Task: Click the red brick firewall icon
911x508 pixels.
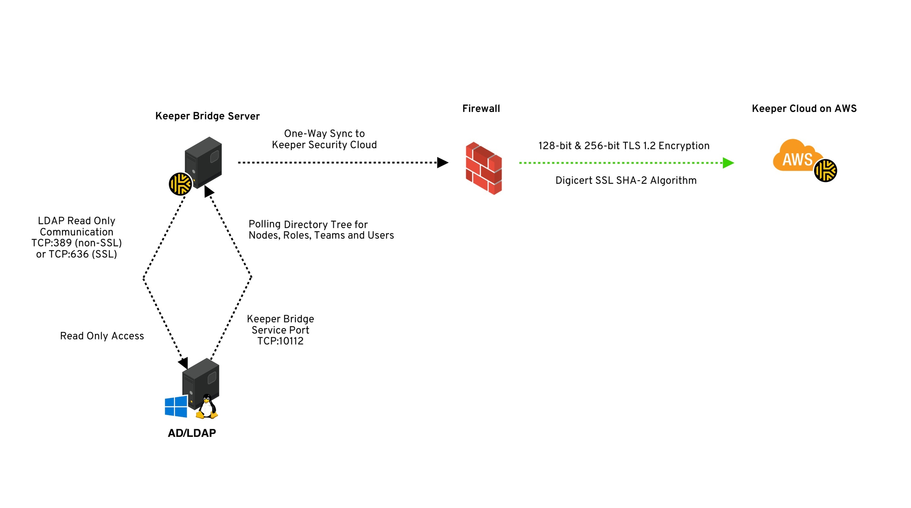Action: coord(484,168)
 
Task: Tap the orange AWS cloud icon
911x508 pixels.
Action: coord(795,157)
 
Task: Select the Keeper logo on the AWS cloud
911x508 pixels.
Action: coord(825,170)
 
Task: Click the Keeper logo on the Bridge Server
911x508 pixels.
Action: coord(180,184)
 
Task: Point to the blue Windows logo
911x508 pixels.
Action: coord(176,406)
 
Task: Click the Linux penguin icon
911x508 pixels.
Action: coord(207,407)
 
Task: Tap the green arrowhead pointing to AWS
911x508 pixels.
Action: coord(728,163)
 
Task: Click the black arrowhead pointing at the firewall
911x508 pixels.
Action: coord(442,162)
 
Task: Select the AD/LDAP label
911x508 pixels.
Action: coord(192,433)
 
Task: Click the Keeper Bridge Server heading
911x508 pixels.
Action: coord(207,116)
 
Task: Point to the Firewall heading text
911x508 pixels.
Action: coord(481,109)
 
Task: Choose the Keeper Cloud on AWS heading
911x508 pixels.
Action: coord(804,109)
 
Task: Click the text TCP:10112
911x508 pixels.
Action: coord(280,341)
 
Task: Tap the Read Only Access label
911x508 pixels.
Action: coord(102,336)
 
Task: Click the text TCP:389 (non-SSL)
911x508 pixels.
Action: coord(77,243)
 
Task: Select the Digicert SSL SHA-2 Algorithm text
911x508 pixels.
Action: coord(626,181)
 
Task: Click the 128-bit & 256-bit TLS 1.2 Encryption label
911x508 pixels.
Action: coord(624,146)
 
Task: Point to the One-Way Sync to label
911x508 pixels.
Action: coord(324,134)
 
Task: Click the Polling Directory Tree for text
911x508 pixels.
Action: coord(308,225)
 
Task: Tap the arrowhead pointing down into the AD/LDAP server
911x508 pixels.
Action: coord(183,363)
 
